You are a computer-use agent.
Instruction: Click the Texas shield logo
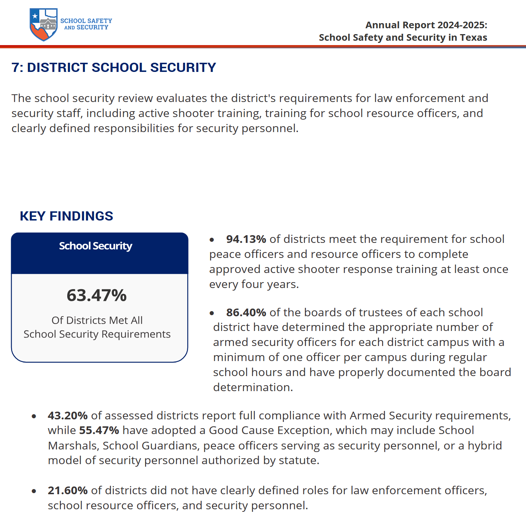point(44,25)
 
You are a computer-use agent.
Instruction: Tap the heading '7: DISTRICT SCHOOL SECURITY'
point(114,68)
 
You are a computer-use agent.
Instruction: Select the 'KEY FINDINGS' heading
point(66,216)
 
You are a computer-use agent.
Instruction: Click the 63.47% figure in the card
point(97,295)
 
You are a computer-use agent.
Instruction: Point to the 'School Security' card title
point(96,246)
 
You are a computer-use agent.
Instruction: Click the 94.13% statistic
point(246,239)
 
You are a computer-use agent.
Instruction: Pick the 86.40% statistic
point(246,313)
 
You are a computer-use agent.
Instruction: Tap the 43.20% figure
point(68,416)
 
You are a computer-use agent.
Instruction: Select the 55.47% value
point(99,430)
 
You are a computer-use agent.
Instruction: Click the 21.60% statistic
point(68,491)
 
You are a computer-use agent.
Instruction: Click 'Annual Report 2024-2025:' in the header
point(426,25)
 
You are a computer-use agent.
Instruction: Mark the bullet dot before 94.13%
point(212,240)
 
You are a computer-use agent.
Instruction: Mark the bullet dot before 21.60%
point(34,491)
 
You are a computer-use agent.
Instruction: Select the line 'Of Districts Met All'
point(97,320)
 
